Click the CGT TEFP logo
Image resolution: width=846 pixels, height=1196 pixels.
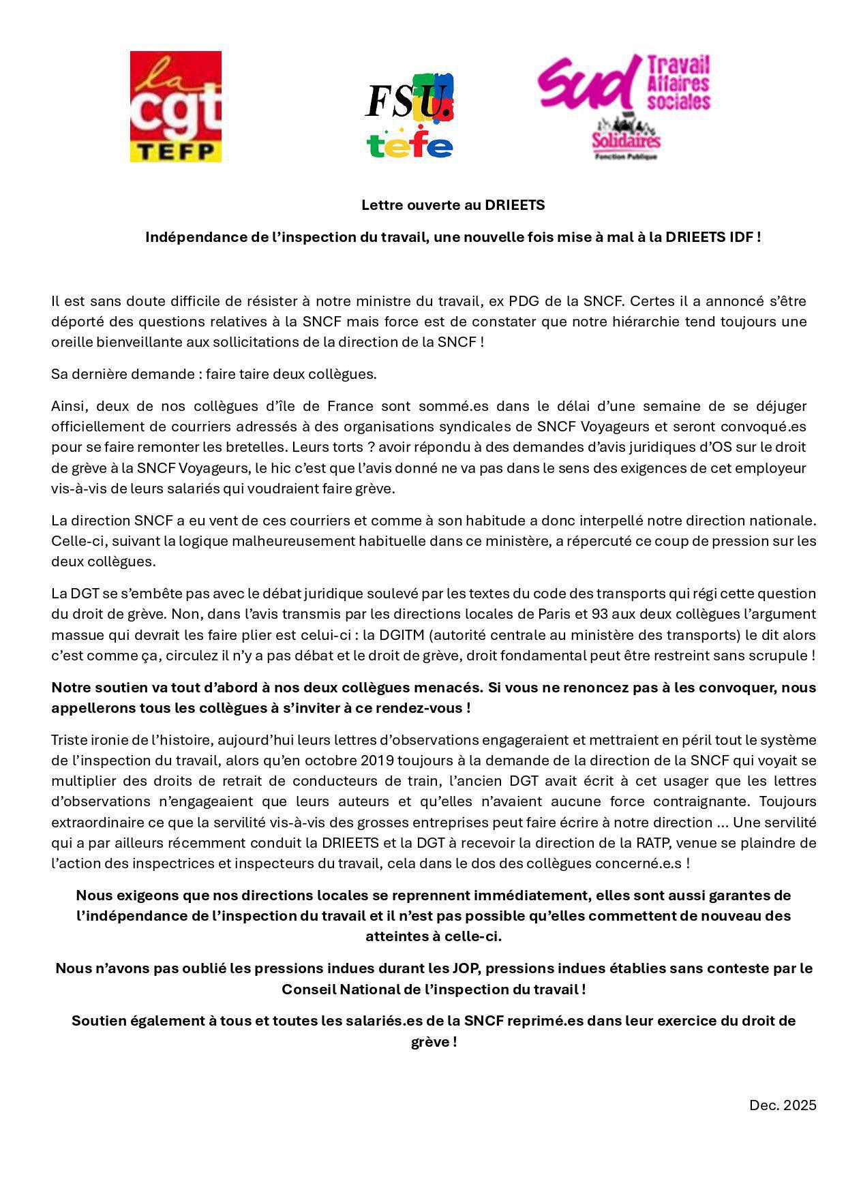176,106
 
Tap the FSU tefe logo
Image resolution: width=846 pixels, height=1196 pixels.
409,115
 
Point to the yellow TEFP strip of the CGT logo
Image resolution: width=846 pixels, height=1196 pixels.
176,151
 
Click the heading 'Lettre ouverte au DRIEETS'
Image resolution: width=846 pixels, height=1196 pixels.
453,204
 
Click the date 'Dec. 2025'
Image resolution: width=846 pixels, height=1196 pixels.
782,1105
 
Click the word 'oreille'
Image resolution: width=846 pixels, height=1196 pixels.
72,341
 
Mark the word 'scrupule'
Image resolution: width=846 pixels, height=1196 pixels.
781,656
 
